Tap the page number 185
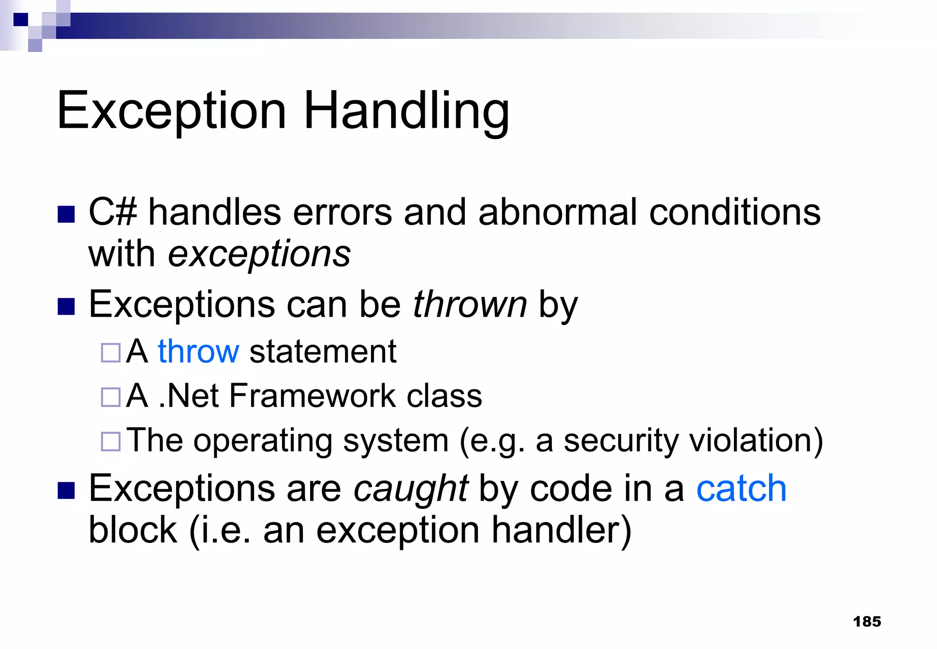point(867,622)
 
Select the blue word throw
point(199,352)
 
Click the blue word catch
point(741,489)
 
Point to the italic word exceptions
point(259,254)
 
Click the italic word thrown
point(470,305)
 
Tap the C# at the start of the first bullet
point(113,212)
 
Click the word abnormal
point(558,212)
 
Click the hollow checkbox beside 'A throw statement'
point(111,353)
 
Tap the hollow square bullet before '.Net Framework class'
point(111,397)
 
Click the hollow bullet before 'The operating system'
point(111,442)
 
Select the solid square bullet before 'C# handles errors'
point(66,214)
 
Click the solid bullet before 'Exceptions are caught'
point(66,490)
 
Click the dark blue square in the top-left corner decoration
point(21,19)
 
